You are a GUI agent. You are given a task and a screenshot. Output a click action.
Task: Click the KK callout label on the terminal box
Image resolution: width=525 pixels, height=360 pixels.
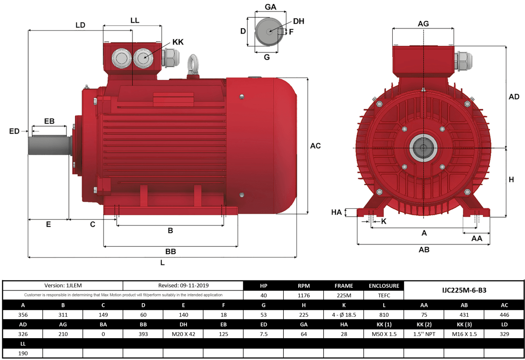point(178,42)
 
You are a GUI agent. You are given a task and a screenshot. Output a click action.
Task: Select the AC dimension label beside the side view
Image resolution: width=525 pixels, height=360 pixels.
point(315,146)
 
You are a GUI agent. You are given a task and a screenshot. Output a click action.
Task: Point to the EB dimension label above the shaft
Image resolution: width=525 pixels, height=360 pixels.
point(49,121)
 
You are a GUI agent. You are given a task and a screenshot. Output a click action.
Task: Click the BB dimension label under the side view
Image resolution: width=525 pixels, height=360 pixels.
point(170,251)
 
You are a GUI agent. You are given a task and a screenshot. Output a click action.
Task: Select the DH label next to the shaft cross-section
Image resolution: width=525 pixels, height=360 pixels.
point(298,21)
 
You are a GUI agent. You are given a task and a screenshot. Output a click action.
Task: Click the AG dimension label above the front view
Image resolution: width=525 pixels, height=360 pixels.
point(423,24)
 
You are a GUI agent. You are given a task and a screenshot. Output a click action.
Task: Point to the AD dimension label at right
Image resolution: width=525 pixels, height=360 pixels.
point(514,97)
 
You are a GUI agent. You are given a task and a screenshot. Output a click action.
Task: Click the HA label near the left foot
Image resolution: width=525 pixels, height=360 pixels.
point(336,212)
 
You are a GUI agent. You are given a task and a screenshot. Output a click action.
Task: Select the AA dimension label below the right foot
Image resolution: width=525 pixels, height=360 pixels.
point(476,239)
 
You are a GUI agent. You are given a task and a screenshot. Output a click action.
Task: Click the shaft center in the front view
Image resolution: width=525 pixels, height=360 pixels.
point(424,148)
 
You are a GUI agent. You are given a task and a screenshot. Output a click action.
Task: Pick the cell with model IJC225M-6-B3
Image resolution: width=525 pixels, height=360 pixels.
point(464,290)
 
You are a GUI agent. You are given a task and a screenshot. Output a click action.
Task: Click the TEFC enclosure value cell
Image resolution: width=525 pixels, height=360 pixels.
point(384,295)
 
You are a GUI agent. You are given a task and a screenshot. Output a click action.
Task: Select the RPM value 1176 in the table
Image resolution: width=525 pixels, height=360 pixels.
point(304,295)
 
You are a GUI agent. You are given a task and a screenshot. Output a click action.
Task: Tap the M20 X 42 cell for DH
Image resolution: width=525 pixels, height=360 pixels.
point(183,334)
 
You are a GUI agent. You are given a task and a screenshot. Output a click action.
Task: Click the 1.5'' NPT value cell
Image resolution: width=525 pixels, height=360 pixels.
point(424,334)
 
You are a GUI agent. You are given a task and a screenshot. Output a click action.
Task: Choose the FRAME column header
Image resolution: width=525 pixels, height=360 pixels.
point(344,286)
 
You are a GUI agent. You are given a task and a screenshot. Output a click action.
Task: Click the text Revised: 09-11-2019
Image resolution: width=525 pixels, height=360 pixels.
point(183,285)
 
